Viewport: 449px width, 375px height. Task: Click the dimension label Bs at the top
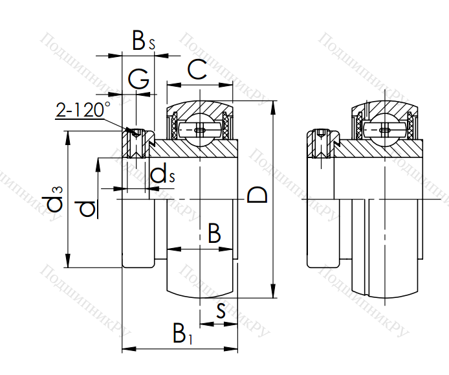click(143, 41)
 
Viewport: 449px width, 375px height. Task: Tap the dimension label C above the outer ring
click(197, 70)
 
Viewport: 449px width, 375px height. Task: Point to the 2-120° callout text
click(83, 110)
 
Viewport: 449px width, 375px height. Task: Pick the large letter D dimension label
click(257, 195)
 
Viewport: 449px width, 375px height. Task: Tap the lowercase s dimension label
click(221, 312)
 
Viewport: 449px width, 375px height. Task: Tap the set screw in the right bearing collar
click(322, 143)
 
